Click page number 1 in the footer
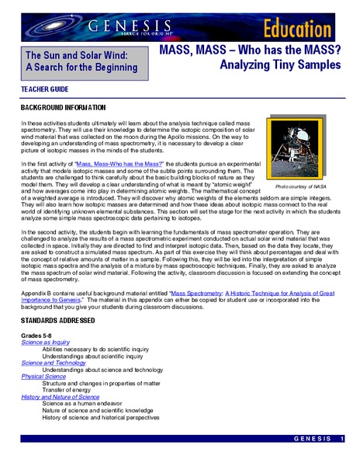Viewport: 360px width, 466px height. (341, 440)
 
